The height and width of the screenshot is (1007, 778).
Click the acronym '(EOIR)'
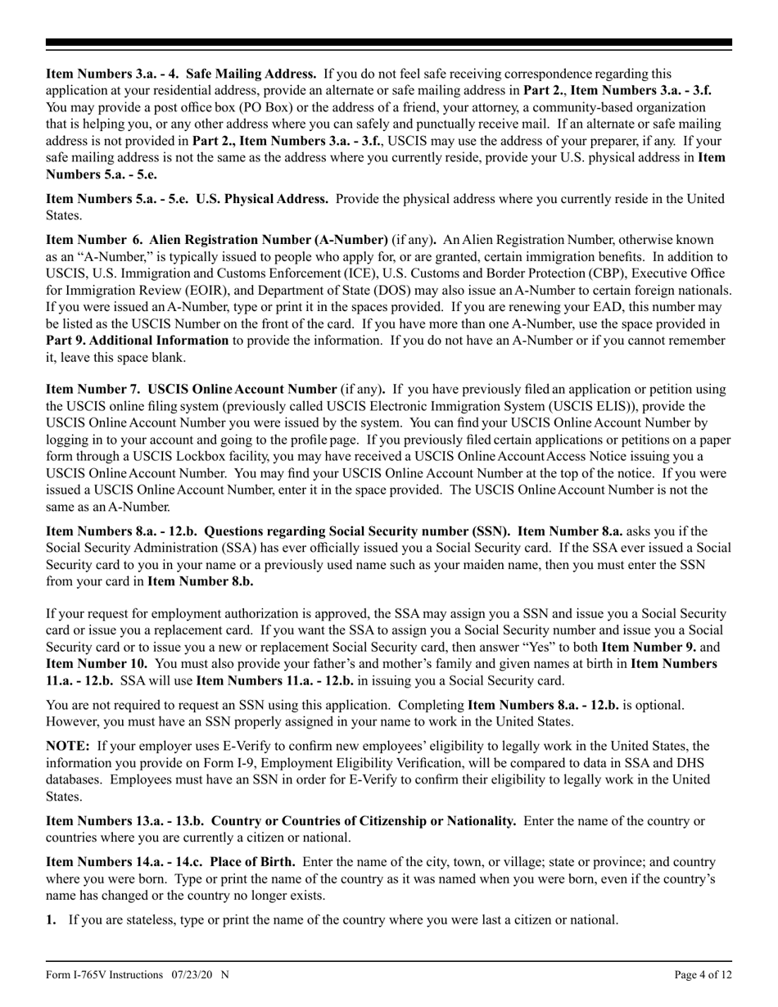(209, 291)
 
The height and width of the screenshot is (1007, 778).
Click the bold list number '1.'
(51, 920)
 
